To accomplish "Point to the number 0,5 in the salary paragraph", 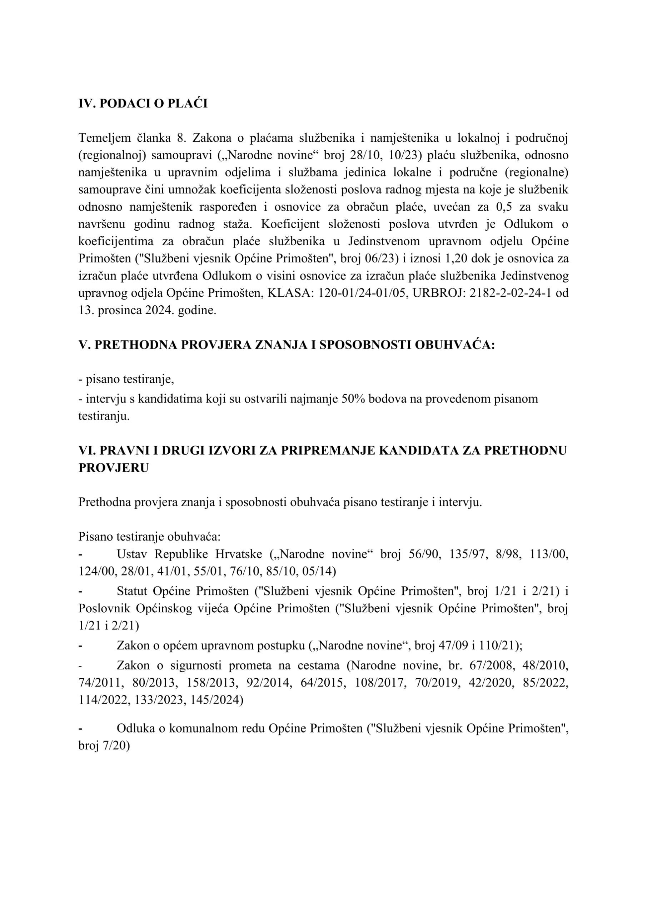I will [x=504, y=207].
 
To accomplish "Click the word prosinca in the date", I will [x=120, y=311].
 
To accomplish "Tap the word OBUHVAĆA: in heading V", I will [x=454, y=345].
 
